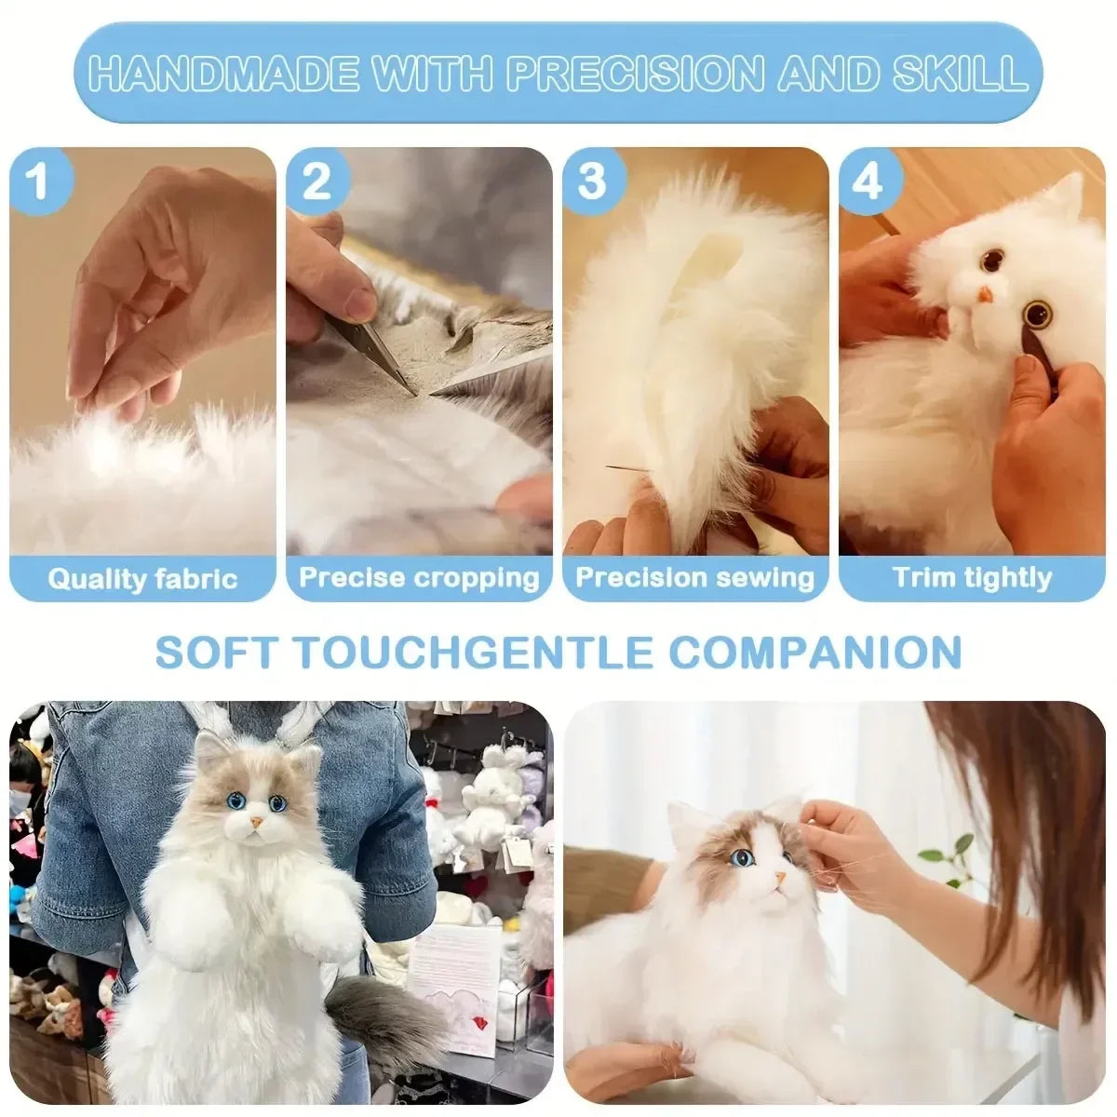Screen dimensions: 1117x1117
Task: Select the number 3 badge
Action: tap(592, 181)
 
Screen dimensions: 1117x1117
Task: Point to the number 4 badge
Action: tap(868, 181)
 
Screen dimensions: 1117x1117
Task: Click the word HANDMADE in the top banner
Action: tap(223, 73)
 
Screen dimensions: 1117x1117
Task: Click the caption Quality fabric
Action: tap(142, 579)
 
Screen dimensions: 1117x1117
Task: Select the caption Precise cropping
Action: tap(419, 578)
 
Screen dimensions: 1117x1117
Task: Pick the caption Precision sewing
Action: tap(695, 578)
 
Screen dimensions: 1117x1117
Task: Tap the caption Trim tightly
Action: tap(972, 578)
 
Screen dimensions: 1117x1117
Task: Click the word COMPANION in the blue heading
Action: tap(815, 653)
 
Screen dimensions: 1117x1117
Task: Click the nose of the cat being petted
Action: tap(780, 879)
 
